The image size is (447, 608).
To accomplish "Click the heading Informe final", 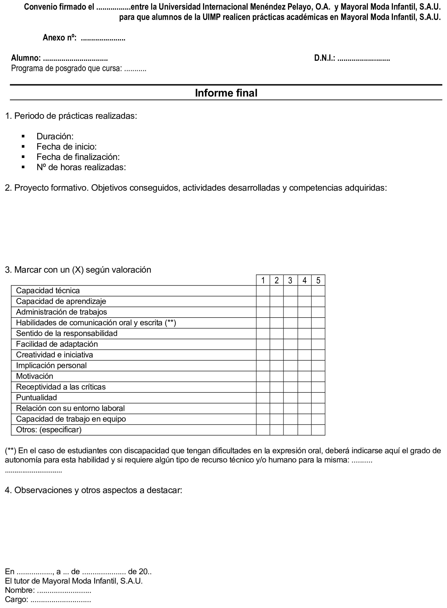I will coord(226,93).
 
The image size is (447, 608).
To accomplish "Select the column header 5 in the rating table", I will coord(318,280).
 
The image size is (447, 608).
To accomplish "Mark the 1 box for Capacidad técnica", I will coord(263,291).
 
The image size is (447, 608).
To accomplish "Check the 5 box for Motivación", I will coord(318,376).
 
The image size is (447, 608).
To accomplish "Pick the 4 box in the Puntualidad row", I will coord(304,398).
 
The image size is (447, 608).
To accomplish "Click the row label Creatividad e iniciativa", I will coord(54,355).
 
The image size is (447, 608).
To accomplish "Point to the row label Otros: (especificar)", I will coord(49,430).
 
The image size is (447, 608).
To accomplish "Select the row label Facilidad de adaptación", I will coord(57,344).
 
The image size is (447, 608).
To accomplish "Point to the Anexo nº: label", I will coord(60,38).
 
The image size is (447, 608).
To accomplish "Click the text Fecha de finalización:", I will coord(78,157).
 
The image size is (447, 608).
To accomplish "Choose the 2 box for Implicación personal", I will coord(277,366).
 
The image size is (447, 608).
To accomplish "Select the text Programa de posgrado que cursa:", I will coord(66,69).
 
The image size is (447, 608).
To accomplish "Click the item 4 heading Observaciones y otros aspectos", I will coord(94,490).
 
